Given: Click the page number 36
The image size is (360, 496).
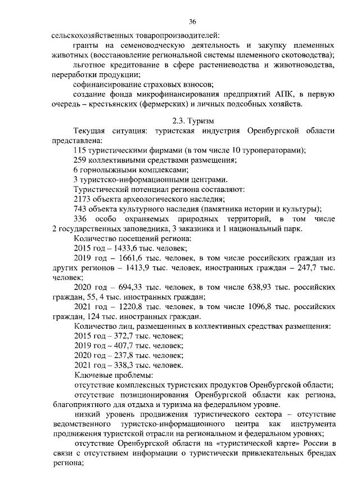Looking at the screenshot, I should pyautogui.click(x=192, y=21).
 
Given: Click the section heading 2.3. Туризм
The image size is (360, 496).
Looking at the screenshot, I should pyautogui.click(x=193, y=120).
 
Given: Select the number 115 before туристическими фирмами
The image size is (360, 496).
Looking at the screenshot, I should pyautogui.click(x=82, y=150).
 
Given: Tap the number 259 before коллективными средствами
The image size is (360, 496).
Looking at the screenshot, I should pyautogui.click(x=82, y=160).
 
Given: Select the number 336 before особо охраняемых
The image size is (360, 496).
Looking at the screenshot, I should pyautogui.click(x=82, y=218).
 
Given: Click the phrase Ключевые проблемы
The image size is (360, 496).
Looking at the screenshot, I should pyautogui.click(x=112, y=375).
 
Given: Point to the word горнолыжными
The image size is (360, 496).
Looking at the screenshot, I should pyautogui.click(x=106, y=169).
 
